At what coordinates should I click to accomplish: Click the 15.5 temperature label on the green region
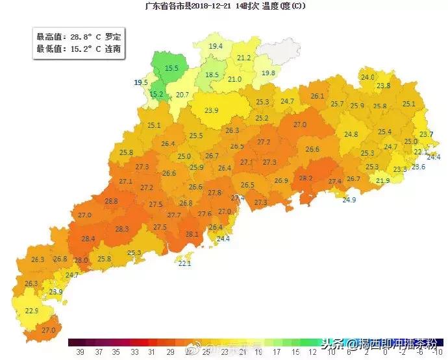coord(171,67)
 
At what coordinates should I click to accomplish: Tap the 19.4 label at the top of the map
coord(216,46)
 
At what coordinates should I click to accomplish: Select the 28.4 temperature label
coord(88,239)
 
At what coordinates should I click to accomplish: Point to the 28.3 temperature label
coord(122,229)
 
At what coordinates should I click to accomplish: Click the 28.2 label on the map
coord(305,178)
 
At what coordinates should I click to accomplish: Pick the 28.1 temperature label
coord(192,234)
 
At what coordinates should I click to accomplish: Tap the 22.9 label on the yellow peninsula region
coord(32,311)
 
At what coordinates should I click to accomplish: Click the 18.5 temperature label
coord(212,75)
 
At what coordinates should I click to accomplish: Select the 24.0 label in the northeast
coord(367,78)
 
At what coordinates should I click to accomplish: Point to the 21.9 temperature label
coord(383,181)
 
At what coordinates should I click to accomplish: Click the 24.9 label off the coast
coord(349,200)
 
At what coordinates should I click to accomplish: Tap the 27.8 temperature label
coord(215,193)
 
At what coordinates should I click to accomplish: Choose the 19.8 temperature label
coord(268,73)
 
